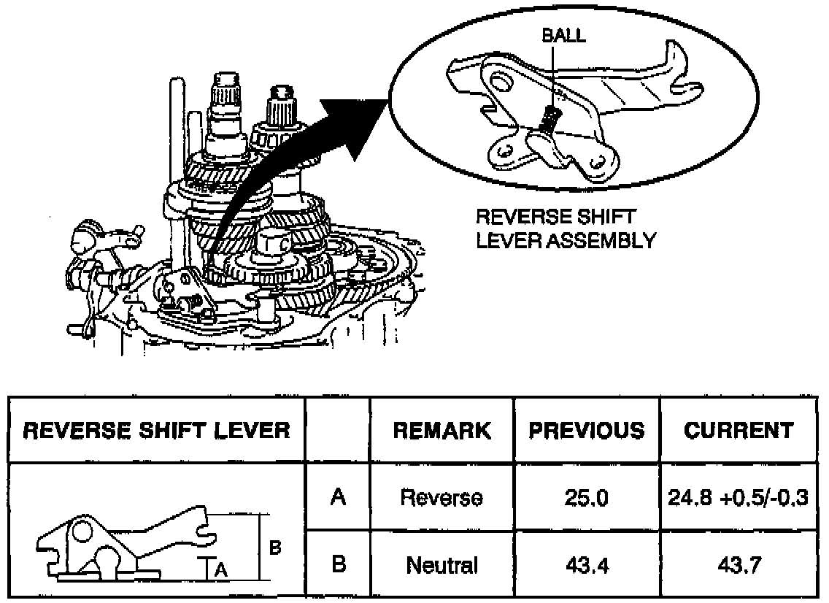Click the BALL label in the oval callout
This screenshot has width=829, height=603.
pos(564,36)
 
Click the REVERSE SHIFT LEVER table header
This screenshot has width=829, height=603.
pos(156,430)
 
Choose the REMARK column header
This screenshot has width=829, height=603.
pos(442,430)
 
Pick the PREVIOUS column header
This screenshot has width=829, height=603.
pos(587,430)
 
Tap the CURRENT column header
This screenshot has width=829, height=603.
pos(738,430)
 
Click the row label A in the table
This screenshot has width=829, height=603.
pos(337,497)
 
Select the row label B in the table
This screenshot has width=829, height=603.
pos(337,564)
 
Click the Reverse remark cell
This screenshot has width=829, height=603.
pos(442,498)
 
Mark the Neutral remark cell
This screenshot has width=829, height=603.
pos(442,565)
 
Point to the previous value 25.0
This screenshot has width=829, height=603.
pos(587,498)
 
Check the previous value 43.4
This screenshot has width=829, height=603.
pos(587,565)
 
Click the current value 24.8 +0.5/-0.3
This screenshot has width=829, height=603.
pos(738,498)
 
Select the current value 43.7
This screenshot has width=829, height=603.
pos(738,565)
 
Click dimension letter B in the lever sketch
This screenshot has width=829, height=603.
pos(275,546)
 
